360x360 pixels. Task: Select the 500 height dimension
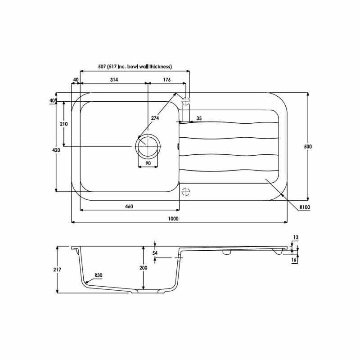click(x=309, y=147)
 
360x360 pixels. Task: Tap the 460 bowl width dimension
click(x=129, y=207)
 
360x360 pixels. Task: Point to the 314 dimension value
click(x=113, y=80)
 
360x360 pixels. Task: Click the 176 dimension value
click(x=166, y=80)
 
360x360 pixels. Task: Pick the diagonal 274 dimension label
click(x=155, y=118)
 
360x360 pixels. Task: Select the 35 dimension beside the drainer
click(x=199, y=118)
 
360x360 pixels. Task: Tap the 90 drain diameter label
click(x=147, y=163)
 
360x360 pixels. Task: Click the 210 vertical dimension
click(x=63, y=124)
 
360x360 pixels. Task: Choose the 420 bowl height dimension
click(x=56, y=150)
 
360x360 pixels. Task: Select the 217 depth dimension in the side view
click(x=57, y=269)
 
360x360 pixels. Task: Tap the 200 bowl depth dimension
click(x=143, y=268)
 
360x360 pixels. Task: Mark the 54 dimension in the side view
click(x=155, y=253)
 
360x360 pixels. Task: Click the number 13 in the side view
click(x=296, y=237)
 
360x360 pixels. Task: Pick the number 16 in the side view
click(x=295, y=260)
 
